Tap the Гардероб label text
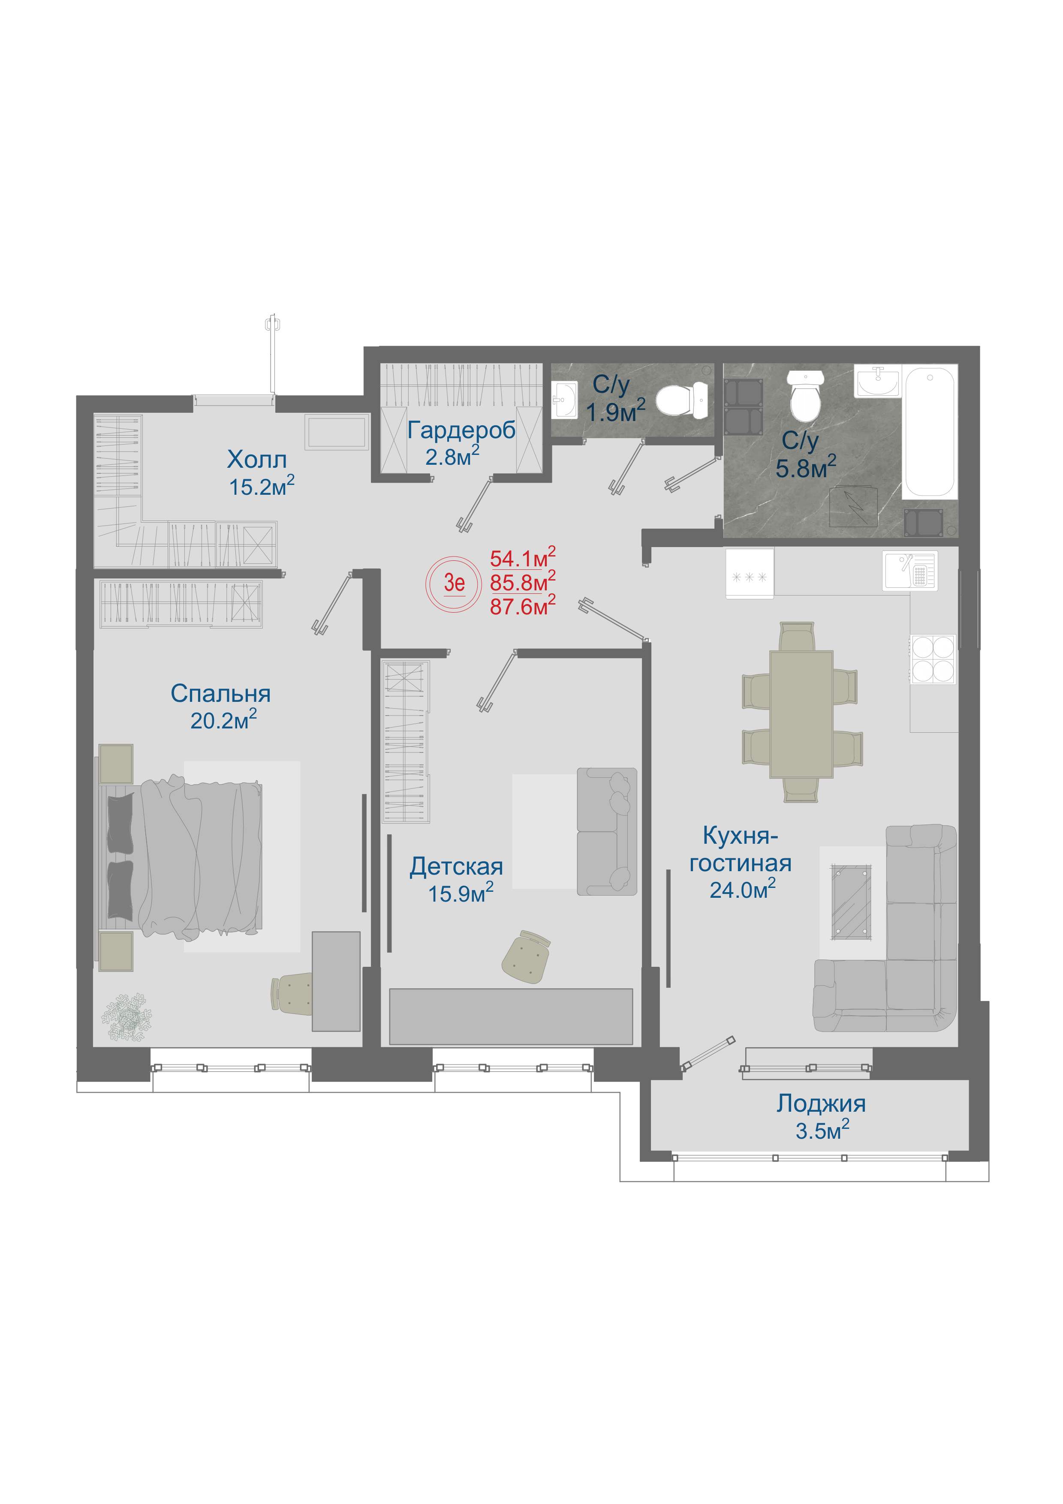[x=461, y=430]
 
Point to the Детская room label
[x=457, y=866]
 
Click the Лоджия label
[x=821, y=1104]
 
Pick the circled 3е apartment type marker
[x=454, y=584]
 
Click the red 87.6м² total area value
[x=523, y=605]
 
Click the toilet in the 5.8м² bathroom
[x=805, y=396]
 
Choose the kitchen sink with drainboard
[x=910, y=571]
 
